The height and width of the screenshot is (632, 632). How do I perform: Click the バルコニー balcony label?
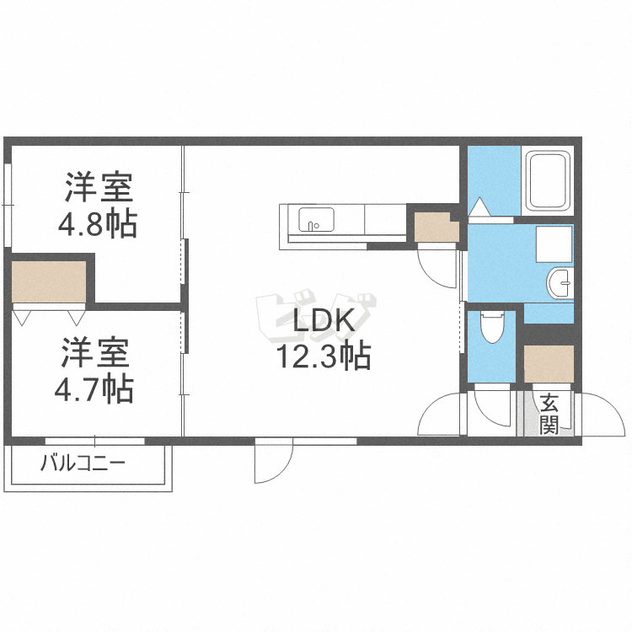[x=83, y=464]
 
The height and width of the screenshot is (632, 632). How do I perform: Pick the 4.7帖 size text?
[x=96, y=388]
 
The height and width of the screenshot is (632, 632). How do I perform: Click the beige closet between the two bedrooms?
[x=49, y=281]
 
